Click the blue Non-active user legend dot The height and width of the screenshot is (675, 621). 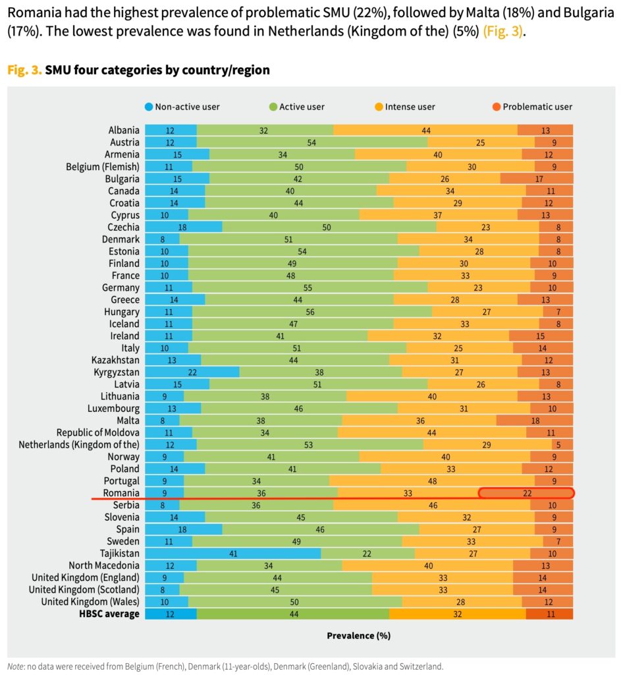click(149, 107)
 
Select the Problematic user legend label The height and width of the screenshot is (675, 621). click(537, 107)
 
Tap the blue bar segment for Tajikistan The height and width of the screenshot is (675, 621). click(232, 553)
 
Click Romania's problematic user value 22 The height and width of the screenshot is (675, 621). click(527, 492)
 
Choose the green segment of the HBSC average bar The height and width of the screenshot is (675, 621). click(292, 614)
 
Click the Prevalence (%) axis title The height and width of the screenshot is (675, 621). click(358, 636)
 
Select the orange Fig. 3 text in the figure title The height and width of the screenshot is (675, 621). click(24, 70)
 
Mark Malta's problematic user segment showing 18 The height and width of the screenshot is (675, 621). click(534, 421)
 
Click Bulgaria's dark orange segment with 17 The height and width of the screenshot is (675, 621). click(536, 179)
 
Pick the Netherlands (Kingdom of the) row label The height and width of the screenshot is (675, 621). click(78, 444)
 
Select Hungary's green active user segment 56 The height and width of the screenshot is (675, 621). click(311, 312)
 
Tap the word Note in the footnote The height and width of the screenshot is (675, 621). click(17, 666)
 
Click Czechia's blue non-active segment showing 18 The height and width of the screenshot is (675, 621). click(183, 227)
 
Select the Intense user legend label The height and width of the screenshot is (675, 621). click(410, 107)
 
